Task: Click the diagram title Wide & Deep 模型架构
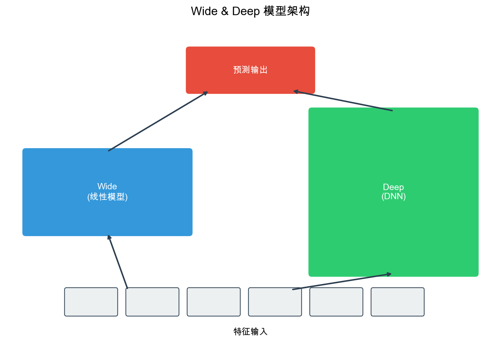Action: click(250, 11)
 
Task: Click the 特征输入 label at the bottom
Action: click(250, 331)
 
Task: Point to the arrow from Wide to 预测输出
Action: click(158, 121)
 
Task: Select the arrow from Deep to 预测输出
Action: click(343, 101)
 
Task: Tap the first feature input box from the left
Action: click(91, 302)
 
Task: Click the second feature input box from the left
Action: click(152, 302)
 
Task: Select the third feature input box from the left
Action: click(214, 302)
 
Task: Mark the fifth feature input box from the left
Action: click(336, 302)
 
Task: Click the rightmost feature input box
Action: click(398, 302)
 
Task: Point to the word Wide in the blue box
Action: click(107, 187)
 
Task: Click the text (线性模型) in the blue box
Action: click(107, 197)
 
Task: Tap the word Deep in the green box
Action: click(393, 187)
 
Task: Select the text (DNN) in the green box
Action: click(393, 196)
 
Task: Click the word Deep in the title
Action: click(246, 11)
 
